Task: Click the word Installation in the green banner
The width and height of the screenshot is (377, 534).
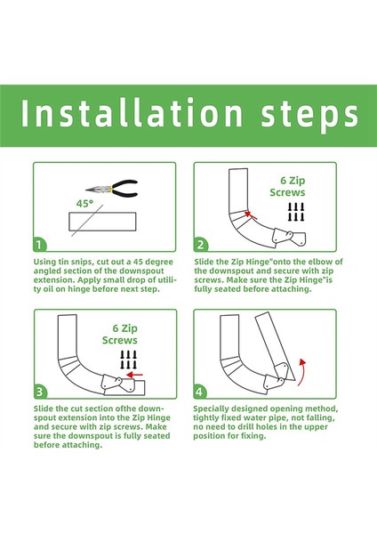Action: pos(132,112)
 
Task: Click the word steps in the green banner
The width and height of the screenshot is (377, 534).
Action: pos(309,115)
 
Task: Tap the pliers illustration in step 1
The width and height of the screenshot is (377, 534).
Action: pos(112,189)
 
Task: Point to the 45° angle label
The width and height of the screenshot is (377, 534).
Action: pos(84,204)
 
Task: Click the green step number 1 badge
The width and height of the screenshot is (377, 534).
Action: pos(40,245)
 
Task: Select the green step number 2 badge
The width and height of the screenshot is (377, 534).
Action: pos(200,245)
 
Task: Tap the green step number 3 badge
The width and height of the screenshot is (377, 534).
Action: pos(40,392)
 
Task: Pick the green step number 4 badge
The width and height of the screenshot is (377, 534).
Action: pos(200,392)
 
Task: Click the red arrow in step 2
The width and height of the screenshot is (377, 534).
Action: pos(251,214)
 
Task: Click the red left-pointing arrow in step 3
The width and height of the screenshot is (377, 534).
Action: pos(134,375)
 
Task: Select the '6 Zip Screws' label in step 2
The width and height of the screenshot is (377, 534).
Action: pos(287,186)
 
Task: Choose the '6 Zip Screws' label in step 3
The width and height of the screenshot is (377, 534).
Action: pos(120,334)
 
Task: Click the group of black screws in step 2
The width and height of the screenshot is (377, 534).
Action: pos(296,212)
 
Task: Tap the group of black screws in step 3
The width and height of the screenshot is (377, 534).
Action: pos(129,360)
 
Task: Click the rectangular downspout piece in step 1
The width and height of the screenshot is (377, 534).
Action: pos(102,222)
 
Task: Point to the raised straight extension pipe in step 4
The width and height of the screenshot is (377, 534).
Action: pos(275,346)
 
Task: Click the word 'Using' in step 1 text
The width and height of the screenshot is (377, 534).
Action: pos(44,263)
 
